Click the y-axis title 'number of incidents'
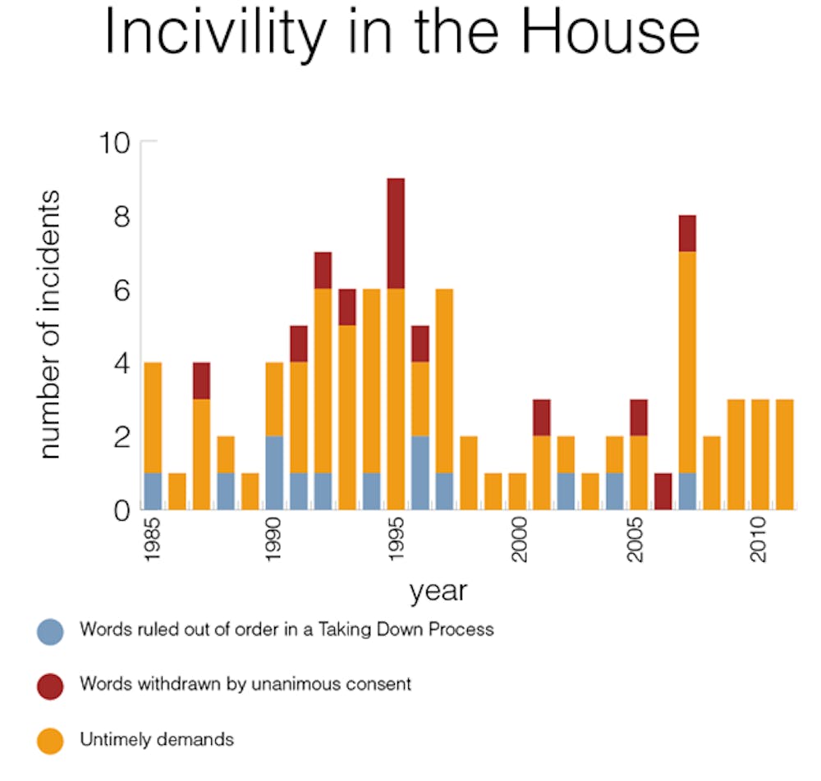coord(50,325)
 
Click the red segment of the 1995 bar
coord(396,234)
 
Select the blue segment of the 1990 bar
coord(274,473)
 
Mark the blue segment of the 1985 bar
coord(153,491)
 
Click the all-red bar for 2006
coord(663,491)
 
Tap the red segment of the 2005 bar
coord(639,418)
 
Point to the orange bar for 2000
coord(517,491)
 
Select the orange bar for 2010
coord(760,454)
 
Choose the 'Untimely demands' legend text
coord(156,739)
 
